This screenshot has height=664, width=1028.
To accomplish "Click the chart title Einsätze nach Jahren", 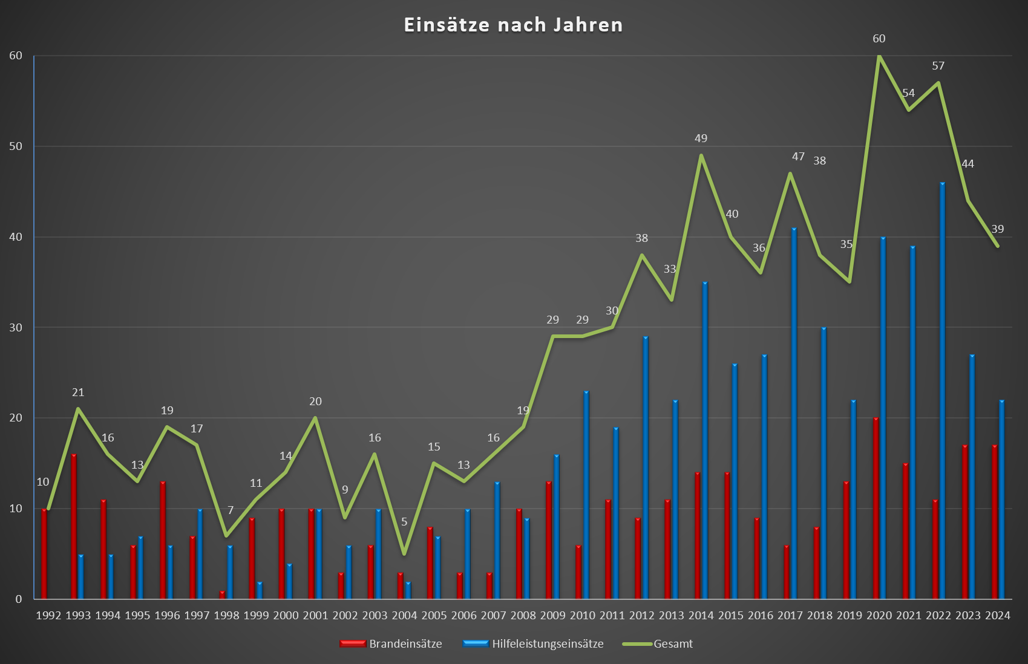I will pyautogui.click(x=513, y=25).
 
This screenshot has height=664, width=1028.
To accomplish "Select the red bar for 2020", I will pyautogui.click(x=876, y=508).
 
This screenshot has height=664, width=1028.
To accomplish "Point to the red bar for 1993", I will pyautogui.click(x=74, y=526).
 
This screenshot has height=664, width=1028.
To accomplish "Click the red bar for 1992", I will pyautogui.click(x=44, y=553).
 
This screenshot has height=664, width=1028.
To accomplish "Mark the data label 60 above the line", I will pyautogui.click(x=879, y=39).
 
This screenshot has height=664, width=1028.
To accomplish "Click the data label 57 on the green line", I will pyautogui.click(x=938, y=66).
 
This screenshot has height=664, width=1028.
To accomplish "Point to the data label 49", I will pyautogui.click(x=701, y=138).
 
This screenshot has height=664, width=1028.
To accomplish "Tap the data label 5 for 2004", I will pyautogui.click(x=404, y=522).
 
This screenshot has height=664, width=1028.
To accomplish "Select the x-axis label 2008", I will pyautogui.click(x=523, y=616).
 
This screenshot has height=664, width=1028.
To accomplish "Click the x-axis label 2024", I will pyautogui.click(x=998, y=616).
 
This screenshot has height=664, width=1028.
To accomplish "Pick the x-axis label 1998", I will pyautogui.click(x=226, y=616).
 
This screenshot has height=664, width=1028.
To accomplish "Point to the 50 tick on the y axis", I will pyautogui.click(x=16, y=146).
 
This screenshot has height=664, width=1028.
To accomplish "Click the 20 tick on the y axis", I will pyautogui.click(x=16, y=418).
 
